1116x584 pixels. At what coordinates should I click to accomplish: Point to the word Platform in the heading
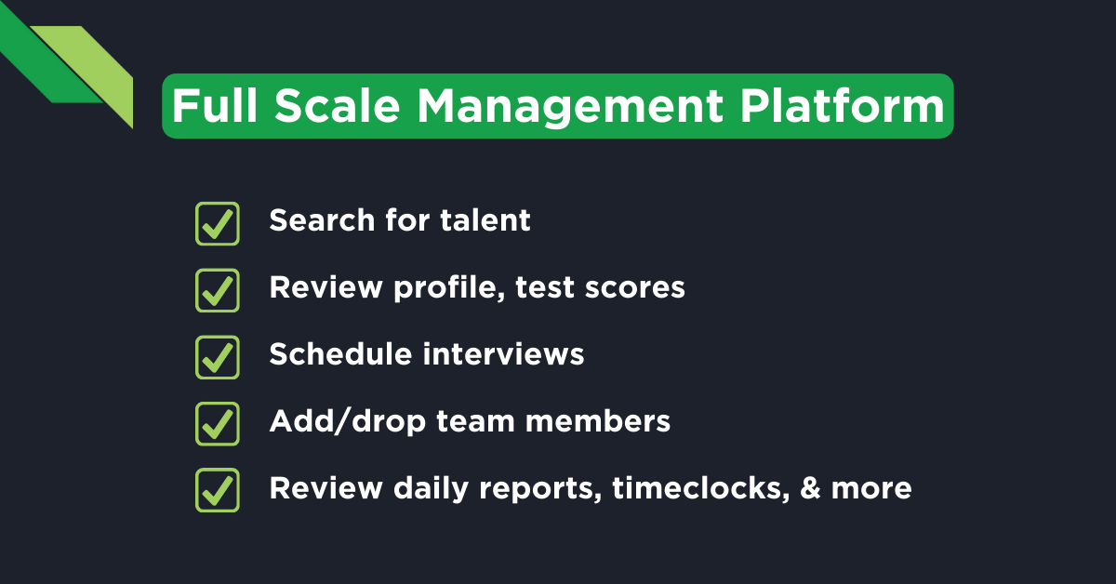[843, 107]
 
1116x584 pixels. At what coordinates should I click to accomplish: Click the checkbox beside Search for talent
[218, 224]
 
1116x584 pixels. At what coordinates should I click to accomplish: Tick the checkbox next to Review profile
[218, 290]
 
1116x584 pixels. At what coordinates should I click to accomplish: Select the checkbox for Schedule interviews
[218, 357]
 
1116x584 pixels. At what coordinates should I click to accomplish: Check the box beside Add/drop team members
[218, 423]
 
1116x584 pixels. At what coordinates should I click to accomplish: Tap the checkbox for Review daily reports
[218, 490]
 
